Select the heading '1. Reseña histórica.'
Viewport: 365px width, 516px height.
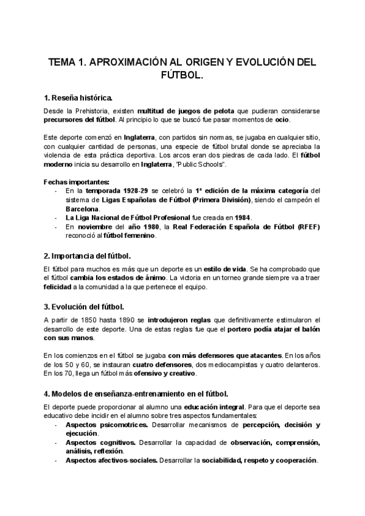77,98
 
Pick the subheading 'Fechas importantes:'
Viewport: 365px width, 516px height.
77,182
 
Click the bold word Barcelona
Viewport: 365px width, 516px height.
82,209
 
